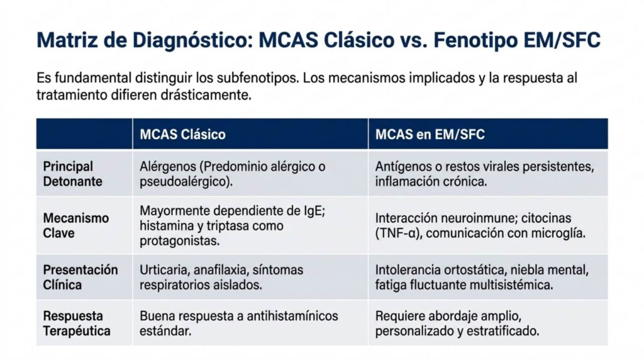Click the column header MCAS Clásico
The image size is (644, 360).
[x=182, y=135]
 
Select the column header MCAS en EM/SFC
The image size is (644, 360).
[x=430, y=135]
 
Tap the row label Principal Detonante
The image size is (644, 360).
[x=72, y=174]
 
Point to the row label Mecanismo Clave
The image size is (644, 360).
[x=76, y=225]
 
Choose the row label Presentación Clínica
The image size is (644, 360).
[x=80, y=277]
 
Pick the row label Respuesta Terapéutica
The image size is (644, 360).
[x=77, y=323]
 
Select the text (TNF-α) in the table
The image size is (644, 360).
[x=400, y=233]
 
